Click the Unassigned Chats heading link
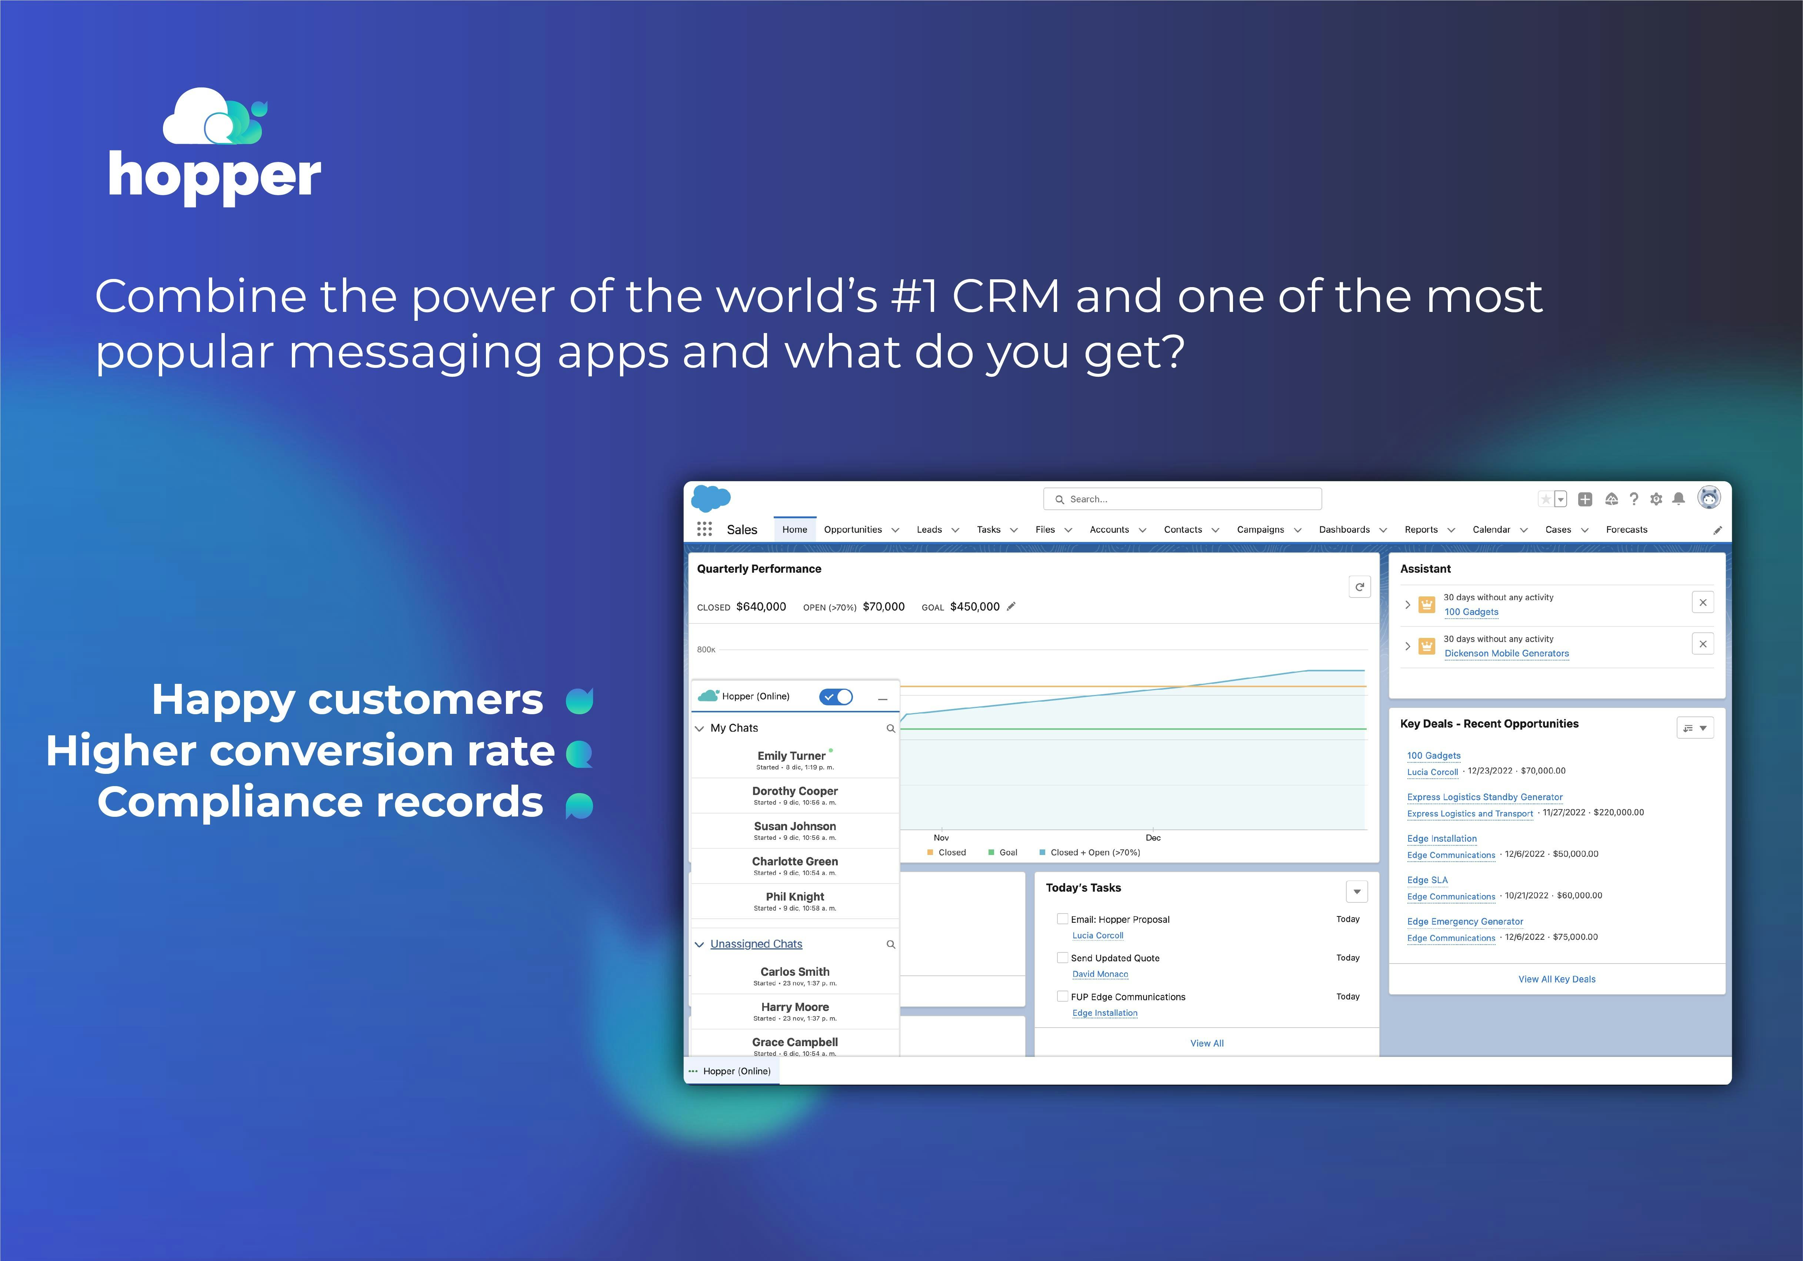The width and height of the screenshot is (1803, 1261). pos(756,944)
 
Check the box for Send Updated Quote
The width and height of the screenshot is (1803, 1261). pos(1063,958)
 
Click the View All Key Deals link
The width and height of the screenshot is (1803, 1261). pos(1556,979)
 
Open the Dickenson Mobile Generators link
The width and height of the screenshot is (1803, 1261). pos(1506,653)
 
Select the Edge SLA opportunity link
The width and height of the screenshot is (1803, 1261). pos(1427,880)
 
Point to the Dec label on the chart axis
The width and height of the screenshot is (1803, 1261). pos(1153,838)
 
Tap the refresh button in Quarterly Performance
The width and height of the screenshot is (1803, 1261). pos(1359,587)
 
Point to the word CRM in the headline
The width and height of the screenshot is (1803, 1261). pos(1006,297)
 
